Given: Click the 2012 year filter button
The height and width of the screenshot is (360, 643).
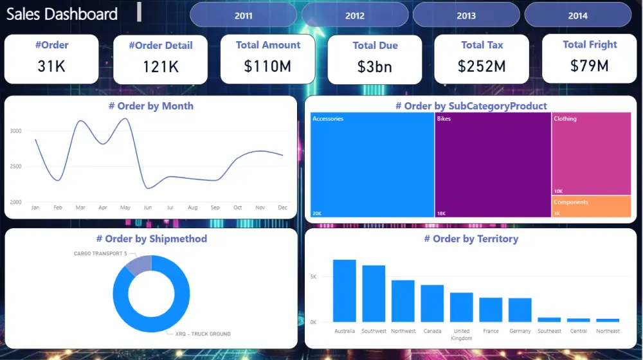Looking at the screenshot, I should (354, 15).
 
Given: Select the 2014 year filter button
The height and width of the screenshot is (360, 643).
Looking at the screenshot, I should (577, 15).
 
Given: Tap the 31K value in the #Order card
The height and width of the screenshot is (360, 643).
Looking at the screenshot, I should (51, 66).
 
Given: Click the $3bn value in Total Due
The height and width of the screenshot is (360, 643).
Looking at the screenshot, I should (375, 66).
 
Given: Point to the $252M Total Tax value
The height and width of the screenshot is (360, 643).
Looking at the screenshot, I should (482, 66).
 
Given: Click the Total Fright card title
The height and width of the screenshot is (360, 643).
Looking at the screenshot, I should (590, 44).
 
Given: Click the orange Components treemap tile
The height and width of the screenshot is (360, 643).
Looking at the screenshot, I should (592, 206).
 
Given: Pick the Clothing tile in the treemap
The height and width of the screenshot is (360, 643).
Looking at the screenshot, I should (592, 154).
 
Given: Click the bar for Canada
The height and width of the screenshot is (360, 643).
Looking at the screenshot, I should (432, 303).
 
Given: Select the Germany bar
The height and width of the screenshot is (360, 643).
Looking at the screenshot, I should (520, 310).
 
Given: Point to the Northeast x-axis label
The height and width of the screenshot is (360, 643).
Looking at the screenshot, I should (608, 331).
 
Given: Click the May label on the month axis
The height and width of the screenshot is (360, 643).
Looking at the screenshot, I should (125, 208).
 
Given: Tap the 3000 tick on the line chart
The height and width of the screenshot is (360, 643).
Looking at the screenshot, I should (16, 130).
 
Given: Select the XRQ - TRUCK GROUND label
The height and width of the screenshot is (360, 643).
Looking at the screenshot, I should (203, 334).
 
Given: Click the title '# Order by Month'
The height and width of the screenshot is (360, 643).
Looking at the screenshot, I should (150, 106).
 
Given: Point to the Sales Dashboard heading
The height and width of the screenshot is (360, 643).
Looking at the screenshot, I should (62, 14).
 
